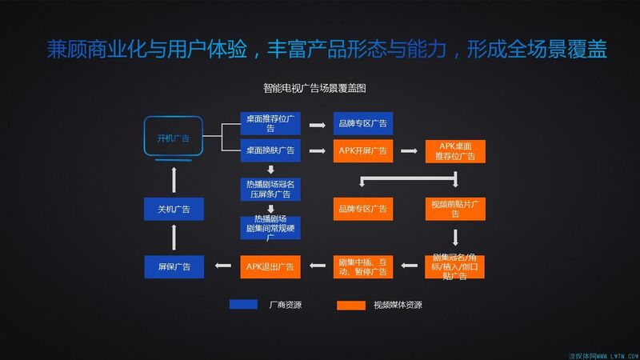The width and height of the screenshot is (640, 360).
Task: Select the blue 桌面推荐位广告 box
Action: (270, 124)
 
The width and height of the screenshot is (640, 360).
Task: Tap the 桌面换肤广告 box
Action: (270, 150)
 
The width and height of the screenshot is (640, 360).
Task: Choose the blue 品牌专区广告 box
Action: (362, 124)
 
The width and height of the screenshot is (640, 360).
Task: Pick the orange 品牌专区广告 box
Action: (362, 209)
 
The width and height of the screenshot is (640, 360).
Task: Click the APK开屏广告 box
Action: (362, 150)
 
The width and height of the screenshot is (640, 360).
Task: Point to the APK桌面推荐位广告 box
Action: (454, 150)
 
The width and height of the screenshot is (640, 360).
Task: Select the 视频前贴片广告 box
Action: (454, 209)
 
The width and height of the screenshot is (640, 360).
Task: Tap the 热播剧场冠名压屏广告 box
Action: (270, 189)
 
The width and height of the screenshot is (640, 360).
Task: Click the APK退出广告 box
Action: (270, 266)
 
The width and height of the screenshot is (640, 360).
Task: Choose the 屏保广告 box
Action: (174, 266)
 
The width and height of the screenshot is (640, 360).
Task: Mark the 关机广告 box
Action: (174, 209)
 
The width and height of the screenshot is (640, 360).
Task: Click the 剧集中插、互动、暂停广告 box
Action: (362, 266)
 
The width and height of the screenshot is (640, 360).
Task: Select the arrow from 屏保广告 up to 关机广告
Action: (174, 238)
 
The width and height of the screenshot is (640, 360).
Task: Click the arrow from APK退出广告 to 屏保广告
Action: (222, 266)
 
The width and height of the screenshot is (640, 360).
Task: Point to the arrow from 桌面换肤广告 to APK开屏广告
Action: (316, 150)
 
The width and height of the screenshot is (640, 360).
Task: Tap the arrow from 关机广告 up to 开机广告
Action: (174, 177)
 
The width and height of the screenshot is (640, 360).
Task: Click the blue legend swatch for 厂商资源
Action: (243, 304)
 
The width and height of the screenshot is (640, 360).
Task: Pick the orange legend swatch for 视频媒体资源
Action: (350, 305)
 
